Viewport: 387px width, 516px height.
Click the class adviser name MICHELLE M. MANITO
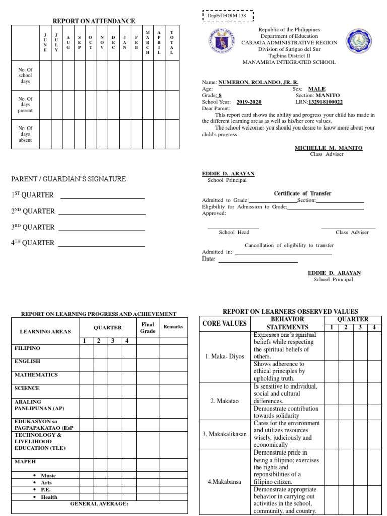click(x=328, y=148)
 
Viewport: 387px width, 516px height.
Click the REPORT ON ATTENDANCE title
click(x=94, y=21)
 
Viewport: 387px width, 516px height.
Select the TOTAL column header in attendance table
click(x=171, y=42)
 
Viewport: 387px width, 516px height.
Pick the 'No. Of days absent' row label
click(x=25, y=134)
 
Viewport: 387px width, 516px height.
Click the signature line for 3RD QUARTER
click(x=101, y=230)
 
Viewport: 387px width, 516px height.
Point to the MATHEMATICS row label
click(x=36, y=375)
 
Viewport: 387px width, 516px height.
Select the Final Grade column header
click(x=147, y=328)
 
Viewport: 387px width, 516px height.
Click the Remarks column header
click(x=173, y=327)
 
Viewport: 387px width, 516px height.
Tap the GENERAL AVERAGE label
click(x=99, y=503)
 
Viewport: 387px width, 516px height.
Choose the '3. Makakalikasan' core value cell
click(x=225, y=434)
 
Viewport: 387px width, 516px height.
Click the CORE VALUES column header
click(x=225, y=323)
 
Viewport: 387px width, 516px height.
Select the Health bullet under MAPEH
click(x=49, y=497)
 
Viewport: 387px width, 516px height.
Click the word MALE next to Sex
click(x=317, y=88)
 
